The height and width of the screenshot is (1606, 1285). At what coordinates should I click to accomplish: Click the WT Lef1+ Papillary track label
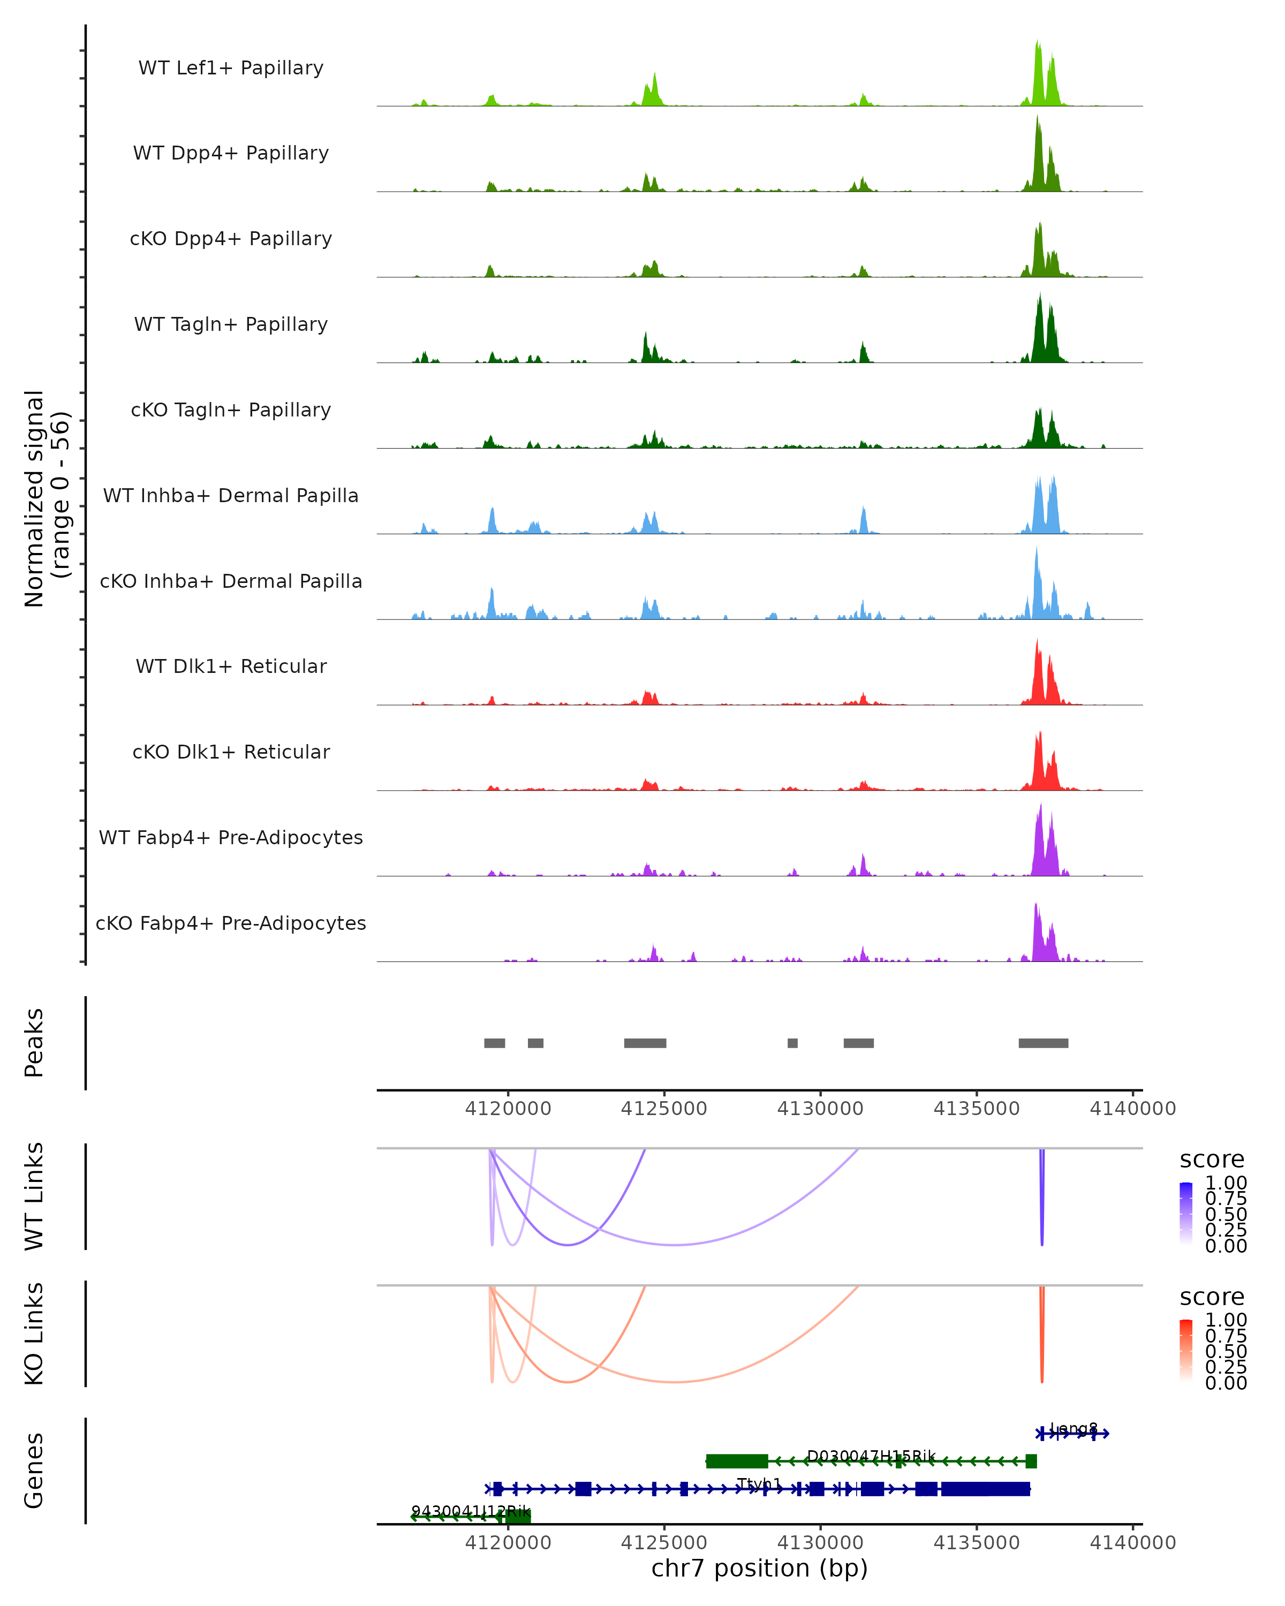click(x=231, y=69)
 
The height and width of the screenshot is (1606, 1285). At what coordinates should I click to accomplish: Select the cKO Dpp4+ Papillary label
click(x=231, y=239)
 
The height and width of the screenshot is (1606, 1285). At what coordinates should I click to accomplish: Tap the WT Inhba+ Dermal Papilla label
click(x=231, y=496)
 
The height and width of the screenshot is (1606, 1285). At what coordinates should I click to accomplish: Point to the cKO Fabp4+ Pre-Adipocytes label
click(x=231, y=923)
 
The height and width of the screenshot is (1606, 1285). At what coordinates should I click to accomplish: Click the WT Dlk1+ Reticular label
click(x=231, y=666)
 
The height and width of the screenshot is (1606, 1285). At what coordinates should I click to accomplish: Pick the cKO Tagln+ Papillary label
click(x=231, y=411)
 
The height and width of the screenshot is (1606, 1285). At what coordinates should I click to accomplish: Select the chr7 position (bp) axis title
click(x=759, y=1569)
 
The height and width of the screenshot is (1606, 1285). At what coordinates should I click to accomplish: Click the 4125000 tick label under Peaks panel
click(x=664, y=1109)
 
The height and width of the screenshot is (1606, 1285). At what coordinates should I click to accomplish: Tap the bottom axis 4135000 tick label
click(x=977, y=1543)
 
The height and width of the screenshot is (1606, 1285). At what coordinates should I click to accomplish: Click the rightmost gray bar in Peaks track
click(x=1043, y=1043)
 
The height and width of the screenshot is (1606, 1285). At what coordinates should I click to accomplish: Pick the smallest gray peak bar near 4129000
click(x=792, y=1043)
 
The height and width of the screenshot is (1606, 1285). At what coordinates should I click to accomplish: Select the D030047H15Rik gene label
click(x=871, y=1456)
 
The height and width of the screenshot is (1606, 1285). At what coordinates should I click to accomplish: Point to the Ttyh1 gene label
click(x=759, y=1484)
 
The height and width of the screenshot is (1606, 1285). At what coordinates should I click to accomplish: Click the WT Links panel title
click(x=34, y=1196)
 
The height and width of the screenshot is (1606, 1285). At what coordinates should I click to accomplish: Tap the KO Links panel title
click(x=34, y=1334)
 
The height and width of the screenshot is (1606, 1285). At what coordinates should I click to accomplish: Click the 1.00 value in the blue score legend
click(x=1226, y=1183)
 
